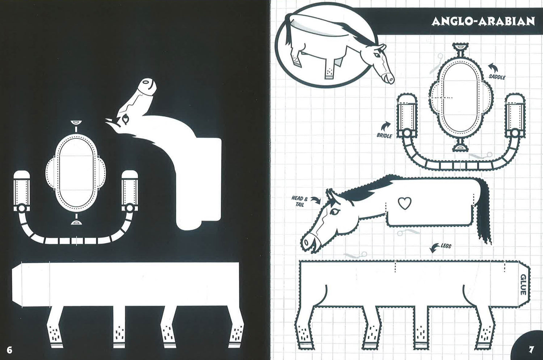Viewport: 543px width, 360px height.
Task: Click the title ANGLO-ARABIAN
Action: (x=483, y=22)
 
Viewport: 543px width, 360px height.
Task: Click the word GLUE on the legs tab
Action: (x=523, y=284)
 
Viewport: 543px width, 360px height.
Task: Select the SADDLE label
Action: (x=497, y=77)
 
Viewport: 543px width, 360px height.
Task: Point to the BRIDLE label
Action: (x=384, y=135)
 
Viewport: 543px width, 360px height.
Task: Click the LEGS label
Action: (x=446, y=246)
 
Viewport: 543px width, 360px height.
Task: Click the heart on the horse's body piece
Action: (x=405, y=203)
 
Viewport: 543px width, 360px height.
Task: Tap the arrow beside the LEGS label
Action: (x=435, y=248)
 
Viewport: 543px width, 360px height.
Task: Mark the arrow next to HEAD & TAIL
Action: (x=316, y=200)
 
